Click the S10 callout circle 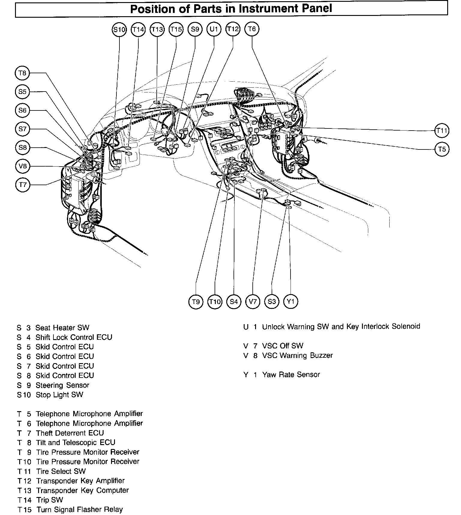[x=119, y=29]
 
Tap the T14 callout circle [x=138, y=29]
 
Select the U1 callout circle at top [x=214, y=29]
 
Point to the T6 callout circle [x=252, y=29]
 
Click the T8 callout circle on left [x=23, y=73]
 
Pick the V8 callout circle [x=23, y=166]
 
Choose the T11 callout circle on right [x=442, y=131]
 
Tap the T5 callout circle [x=442, y=149]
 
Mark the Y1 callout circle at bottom [x=291, y=301]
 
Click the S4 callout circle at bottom [x=234, y=301]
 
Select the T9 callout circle [x=196, y=301]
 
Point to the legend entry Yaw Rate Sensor [x=291, y=375]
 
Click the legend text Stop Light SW [x=59, y=395]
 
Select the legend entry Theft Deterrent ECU [x=70, y=433]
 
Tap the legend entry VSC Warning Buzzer [x=297, y=356]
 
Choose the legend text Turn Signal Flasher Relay [x=80, y=510]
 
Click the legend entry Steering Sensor [x=62, y=385]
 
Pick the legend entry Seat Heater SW [x=62, y=327]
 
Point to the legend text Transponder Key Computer [x=82, y=490]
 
